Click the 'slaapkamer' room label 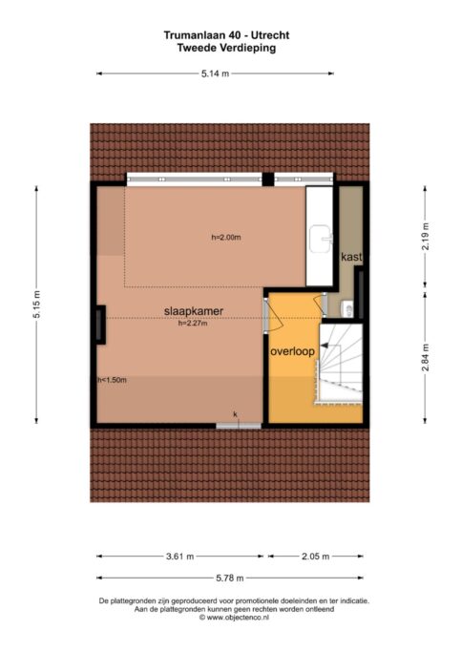pos(194,311)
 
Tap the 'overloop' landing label pos(292,352)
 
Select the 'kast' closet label pos(351,257)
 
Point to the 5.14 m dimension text pos(215,74)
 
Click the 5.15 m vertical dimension pos(37,305)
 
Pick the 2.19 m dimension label pos(426,236)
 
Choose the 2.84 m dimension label pos(426,358)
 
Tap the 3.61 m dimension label pos(180,557)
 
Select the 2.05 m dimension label pos(316,557)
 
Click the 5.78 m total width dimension pos(230,578)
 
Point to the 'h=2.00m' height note pos(226,238)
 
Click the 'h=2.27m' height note pos(193,323)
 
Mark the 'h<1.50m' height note pos(112,380)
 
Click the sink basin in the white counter pos(322,239)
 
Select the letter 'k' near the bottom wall pos(236,414)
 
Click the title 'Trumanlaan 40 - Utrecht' pos(226,35)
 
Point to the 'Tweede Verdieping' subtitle pos(226,48)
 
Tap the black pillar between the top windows pos(268,179)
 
